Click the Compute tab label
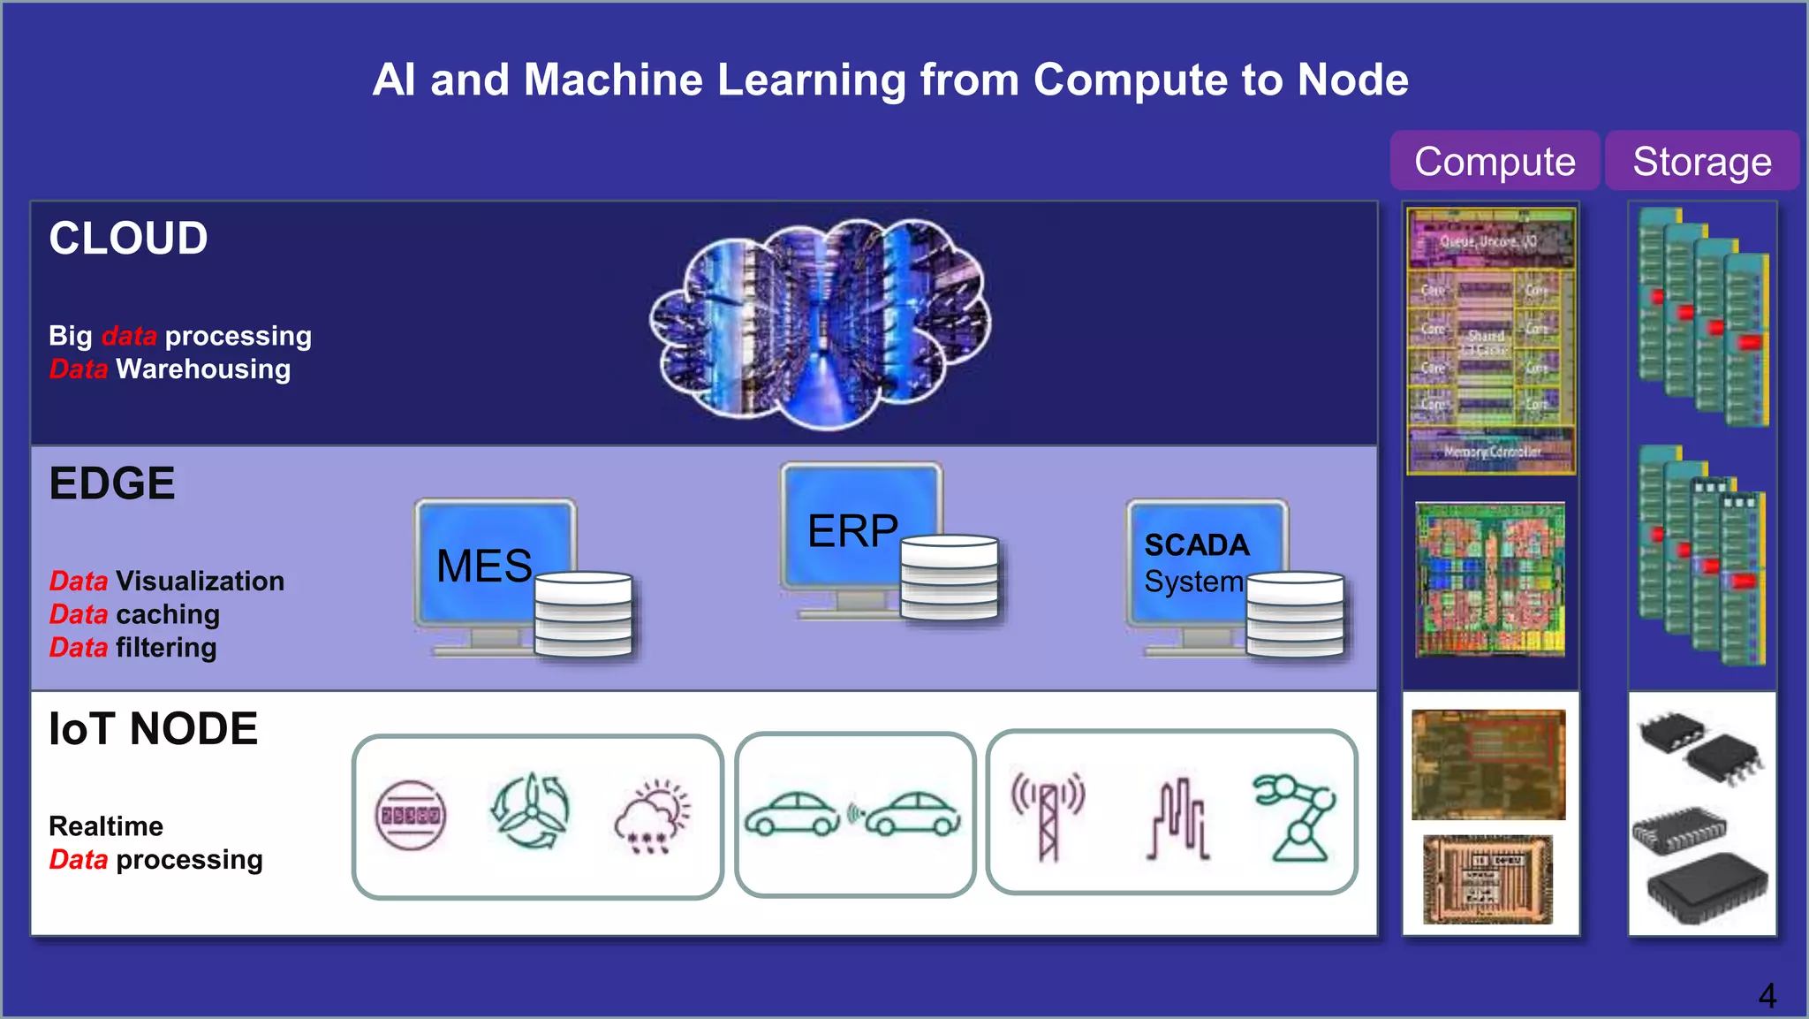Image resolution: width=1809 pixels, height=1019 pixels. coord(1495,162)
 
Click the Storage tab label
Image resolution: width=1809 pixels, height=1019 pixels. coord(1701,162)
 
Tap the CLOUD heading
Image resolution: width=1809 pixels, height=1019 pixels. coord(128,239)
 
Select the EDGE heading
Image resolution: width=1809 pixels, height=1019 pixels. coord(112,483)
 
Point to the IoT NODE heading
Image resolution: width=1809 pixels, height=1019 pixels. coord(153,729)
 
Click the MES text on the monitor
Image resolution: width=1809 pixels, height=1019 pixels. coord(484,566)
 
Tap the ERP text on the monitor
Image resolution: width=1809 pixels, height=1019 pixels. coord(852,531)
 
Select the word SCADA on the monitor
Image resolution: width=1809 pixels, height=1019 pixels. coord(1197,545)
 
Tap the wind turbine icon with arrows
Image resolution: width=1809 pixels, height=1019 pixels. coord(531,811)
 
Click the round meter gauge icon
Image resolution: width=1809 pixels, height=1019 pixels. coord(411,815)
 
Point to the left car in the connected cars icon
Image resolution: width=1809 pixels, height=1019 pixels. coord(791,814)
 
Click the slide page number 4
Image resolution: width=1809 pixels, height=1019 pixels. coord(1767,996)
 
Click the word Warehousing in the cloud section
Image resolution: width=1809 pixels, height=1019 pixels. coord(203,369)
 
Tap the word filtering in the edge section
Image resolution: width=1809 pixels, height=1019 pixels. coord(166,648)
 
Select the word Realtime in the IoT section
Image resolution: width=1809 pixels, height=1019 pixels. coord(106,826)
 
